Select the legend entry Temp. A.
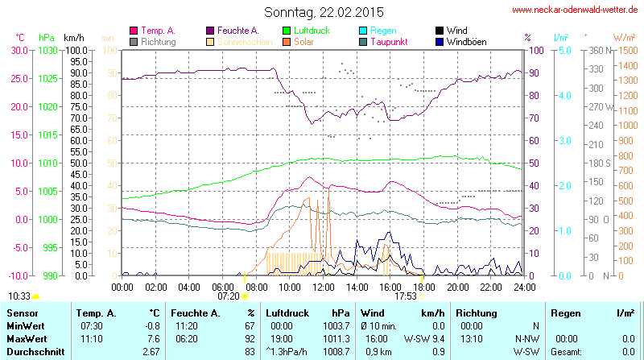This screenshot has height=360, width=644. (x=157, y=31)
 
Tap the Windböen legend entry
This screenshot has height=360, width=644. (x=465, y=41)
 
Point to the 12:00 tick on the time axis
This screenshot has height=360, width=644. (x=323, y=287)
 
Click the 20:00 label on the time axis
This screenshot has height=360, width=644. (x=457, y=287)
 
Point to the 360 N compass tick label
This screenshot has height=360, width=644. (x=597, y=50)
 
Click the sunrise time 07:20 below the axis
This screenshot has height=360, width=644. (x=229, y=296)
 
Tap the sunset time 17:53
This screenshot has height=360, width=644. (x=405, y=296)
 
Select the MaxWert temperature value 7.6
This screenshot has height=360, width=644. (x=151, y=338)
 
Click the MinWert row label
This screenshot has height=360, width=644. (x=25, y=325)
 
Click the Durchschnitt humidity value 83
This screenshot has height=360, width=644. (x=250, y=352)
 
